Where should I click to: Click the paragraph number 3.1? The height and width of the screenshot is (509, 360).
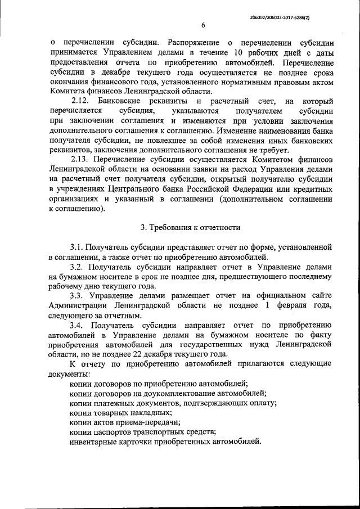point(77,247)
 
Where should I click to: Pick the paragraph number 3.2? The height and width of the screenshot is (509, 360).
point(77,267)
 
